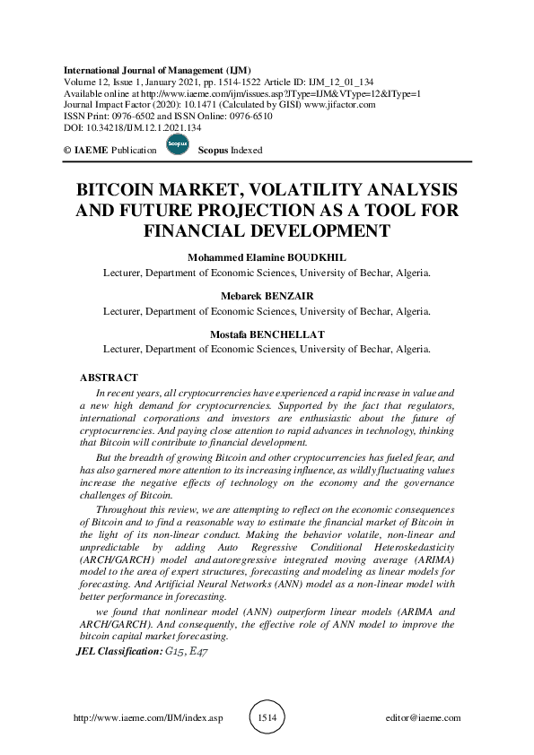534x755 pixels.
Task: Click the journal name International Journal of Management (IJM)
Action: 157,69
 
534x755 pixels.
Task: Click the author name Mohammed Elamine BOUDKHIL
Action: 267,256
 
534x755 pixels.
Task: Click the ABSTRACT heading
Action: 109,378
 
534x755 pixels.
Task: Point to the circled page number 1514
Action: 267,718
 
